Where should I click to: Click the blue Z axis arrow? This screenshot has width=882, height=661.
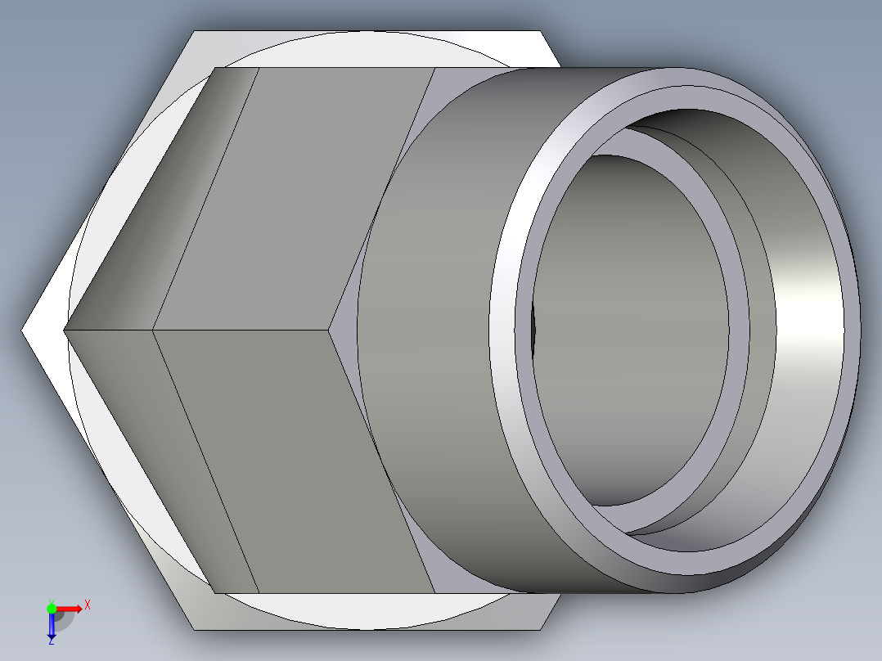point(51,627)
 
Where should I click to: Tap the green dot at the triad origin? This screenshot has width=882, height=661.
point(51,608)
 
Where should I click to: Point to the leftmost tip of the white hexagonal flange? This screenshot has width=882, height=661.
point(23,330)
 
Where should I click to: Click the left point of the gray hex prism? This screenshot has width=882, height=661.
point(65,330)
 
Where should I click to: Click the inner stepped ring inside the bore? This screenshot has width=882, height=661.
point(736,327)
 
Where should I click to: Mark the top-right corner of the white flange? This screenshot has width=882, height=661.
point(540,32)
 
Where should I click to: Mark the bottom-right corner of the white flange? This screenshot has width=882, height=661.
point(540,629)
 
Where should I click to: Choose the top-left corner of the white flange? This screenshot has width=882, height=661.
point(194,32)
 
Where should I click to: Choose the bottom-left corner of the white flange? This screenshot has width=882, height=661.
point(194,629)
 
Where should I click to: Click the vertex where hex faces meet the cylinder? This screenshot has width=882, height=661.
point(330,330)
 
